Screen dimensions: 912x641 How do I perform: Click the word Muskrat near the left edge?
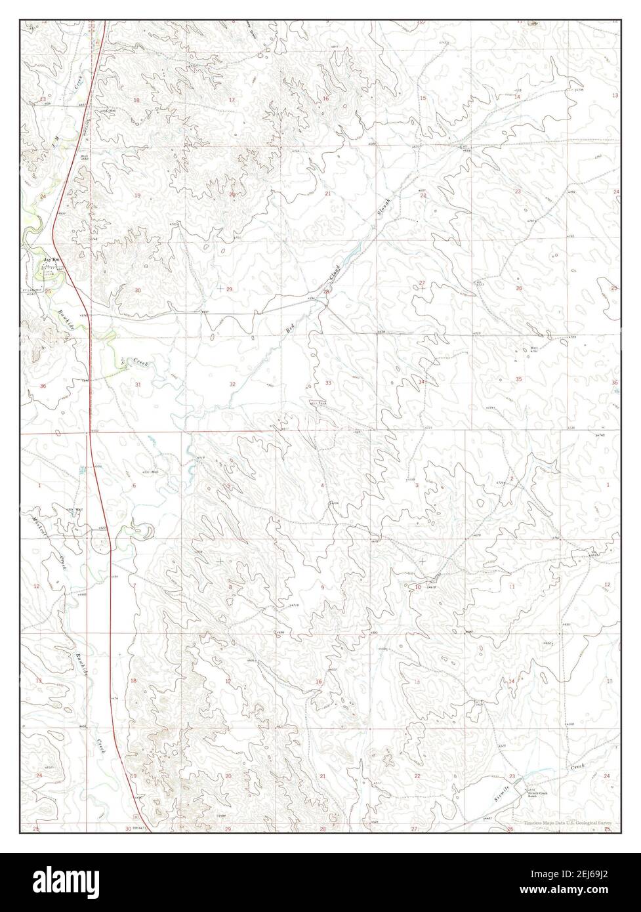38,526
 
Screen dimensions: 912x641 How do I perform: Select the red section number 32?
232,384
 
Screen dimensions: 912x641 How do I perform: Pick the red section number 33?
327,383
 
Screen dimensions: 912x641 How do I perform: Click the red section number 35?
518,379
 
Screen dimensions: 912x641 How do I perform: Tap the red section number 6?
134,485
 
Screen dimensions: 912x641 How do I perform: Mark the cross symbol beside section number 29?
218,288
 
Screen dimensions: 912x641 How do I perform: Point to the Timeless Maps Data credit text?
568,822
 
